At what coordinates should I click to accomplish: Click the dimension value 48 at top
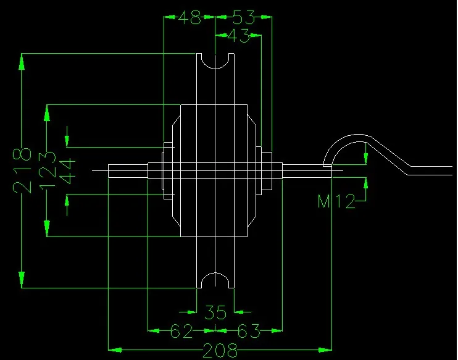tap(189, 17)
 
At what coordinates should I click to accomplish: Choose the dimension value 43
tap(238, 36)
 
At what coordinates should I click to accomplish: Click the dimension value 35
tap(215, 311)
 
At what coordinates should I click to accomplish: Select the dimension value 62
tap(181, 332)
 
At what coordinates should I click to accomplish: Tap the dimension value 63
tap(248, 332)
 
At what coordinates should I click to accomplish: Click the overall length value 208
tap(220, 351)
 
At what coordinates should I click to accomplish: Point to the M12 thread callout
tap(336, 201)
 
